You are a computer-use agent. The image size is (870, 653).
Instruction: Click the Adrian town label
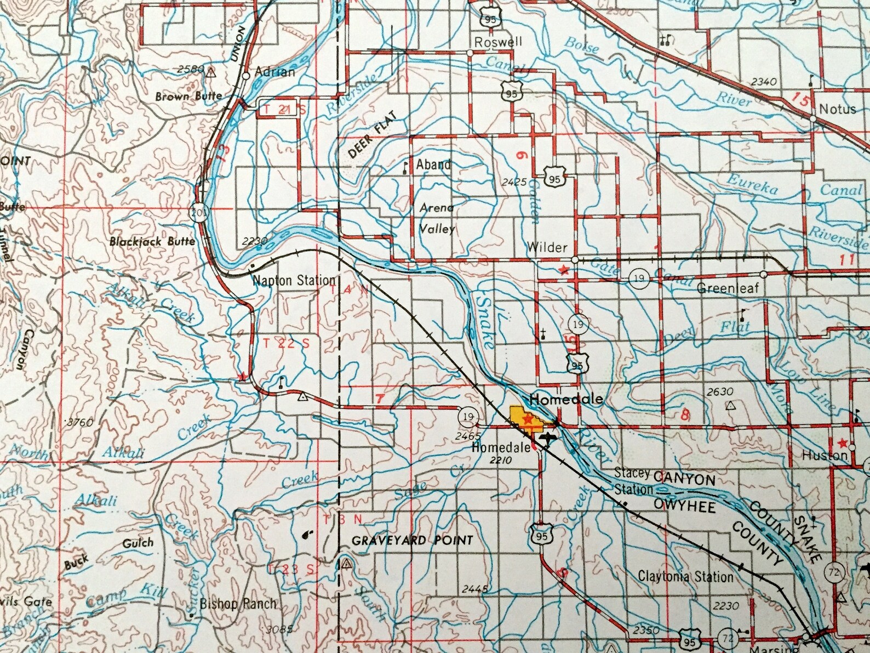274,72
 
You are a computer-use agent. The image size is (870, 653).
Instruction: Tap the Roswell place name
498,42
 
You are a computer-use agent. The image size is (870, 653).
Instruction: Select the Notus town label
837,109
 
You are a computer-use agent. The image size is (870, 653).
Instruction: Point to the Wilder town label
547,247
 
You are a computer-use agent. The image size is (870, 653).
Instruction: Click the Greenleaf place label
728,288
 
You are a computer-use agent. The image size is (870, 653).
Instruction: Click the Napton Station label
294,280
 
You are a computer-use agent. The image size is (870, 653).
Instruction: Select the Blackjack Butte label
152,241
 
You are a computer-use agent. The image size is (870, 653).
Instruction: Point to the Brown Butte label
188,96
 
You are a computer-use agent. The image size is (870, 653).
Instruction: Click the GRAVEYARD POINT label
412,541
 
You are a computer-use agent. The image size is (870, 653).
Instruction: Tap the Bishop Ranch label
238,604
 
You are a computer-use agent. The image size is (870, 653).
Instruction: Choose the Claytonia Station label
685,576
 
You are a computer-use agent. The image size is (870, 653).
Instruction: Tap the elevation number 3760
78,422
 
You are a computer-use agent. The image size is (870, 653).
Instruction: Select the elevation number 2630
720,391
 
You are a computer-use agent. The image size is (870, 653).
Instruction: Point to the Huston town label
824,455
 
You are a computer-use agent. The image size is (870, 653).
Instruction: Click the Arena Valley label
437,218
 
